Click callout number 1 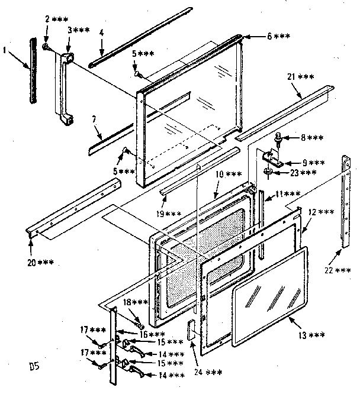[6, 51]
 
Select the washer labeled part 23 [268, 172]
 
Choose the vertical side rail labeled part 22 [345, 201]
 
